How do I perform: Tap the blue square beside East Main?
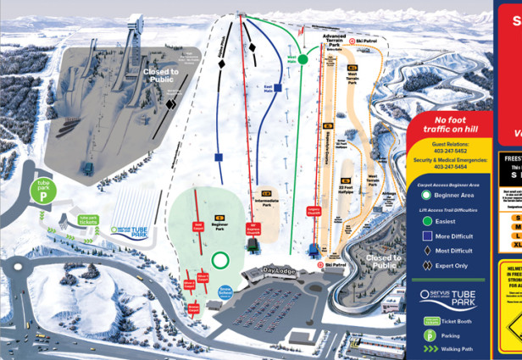(x=277, y=88)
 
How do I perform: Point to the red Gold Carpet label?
(x=199, y=228)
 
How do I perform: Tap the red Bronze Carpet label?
(x=193, y=307)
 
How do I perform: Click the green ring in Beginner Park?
(x=220, y=261)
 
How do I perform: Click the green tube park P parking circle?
(x=43, y=189)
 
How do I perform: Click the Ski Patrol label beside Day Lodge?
(x=336, y=265)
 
